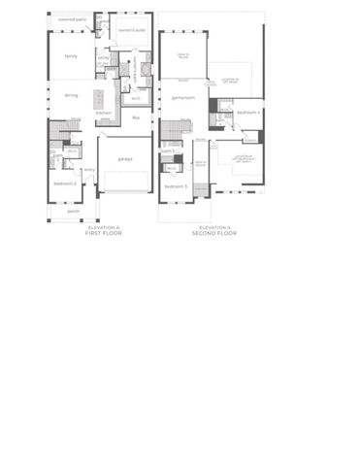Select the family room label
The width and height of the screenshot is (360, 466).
71,56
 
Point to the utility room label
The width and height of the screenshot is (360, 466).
103,58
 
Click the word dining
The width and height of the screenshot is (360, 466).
71,95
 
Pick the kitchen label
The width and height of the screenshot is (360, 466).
103,113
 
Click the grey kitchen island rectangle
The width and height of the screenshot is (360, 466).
98,98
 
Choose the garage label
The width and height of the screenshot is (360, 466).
125,158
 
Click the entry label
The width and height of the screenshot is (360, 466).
89,170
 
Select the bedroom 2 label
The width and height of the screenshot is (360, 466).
65,183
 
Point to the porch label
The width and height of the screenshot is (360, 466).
73,210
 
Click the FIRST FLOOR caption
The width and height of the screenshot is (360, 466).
105,233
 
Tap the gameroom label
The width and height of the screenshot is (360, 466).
183,97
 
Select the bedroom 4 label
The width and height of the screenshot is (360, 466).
248,114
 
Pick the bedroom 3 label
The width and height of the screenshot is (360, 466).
175,185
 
